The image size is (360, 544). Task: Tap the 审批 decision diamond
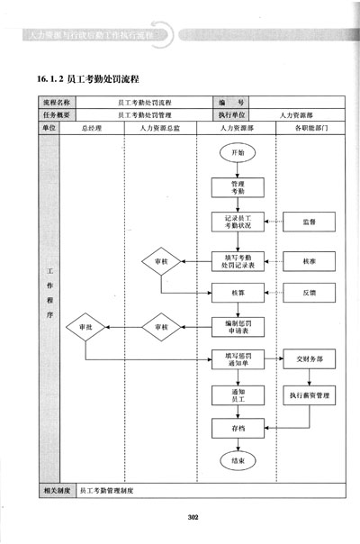(85, 326)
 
